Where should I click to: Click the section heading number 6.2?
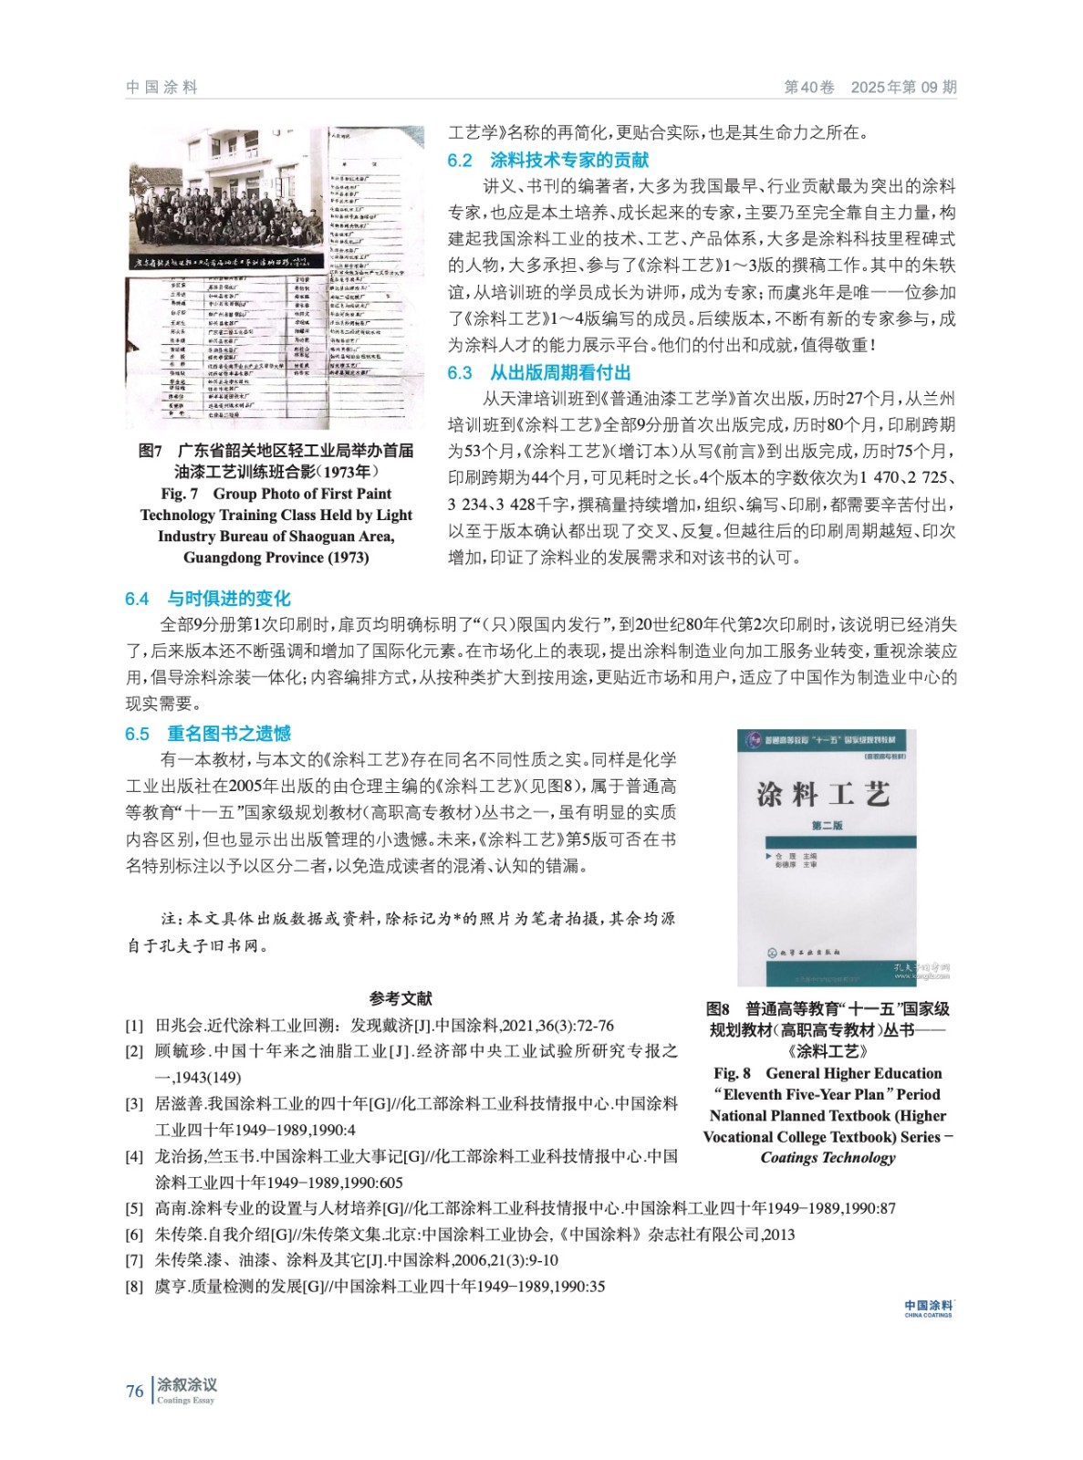click(459, 161)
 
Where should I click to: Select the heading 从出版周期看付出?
click(560, 372)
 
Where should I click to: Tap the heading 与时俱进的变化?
click(229, 599)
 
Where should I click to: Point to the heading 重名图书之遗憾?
click(229, 734)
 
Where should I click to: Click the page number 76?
click(134, 1392)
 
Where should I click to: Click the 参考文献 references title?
click(401, 998)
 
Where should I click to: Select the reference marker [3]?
click(134, 1104)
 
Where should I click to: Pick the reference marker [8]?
click(134, 1287)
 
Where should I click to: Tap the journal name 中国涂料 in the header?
click(161, 88)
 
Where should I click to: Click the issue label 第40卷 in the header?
click(809, 88)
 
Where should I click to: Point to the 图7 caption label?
click(151, 451)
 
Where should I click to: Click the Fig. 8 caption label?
click(732, 1073)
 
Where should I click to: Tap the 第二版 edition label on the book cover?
click(827, 826)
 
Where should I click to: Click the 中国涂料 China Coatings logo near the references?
click(928, 1309)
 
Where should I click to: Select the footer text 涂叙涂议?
click(187, 1385)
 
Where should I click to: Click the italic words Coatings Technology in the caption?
click(828, 1158)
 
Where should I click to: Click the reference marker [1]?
click(134, 1026)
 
